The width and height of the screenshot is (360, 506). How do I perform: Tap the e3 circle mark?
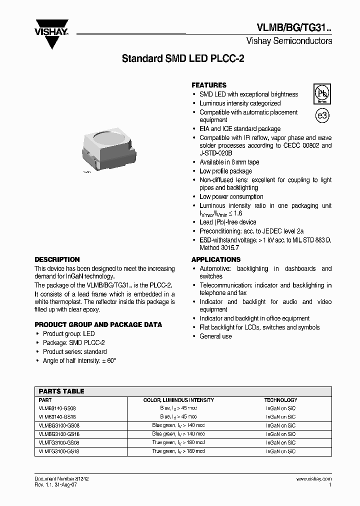tap(322, 115)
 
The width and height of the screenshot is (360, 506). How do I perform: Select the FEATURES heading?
tap(209, 85)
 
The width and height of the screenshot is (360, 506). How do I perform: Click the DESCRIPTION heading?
tap(57, 259)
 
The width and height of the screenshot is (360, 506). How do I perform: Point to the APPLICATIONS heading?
tap(216, 259)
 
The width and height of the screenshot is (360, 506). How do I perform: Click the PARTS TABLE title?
tap(61, 391)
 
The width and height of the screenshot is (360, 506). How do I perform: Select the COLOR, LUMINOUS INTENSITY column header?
tap(178, 400)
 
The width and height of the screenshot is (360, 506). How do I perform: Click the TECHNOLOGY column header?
tap(280, 400)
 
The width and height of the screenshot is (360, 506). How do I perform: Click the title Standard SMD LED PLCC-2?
tap(183, 58)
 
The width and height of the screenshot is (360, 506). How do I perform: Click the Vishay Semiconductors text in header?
tap(289, 41)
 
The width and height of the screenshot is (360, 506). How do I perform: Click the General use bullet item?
tap(215, 336)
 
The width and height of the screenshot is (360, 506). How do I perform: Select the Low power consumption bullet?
tap(231, 196)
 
